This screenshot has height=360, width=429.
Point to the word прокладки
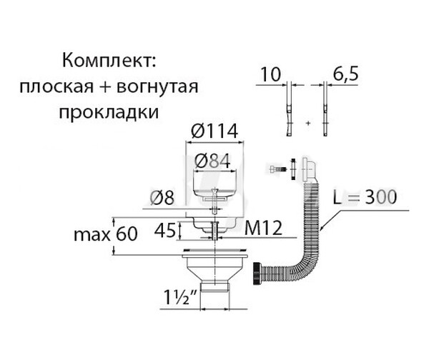pos(108,113)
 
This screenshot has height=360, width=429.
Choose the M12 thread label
pos(262,229)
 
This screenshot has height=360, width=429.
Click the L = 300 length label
pos(363,197)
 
